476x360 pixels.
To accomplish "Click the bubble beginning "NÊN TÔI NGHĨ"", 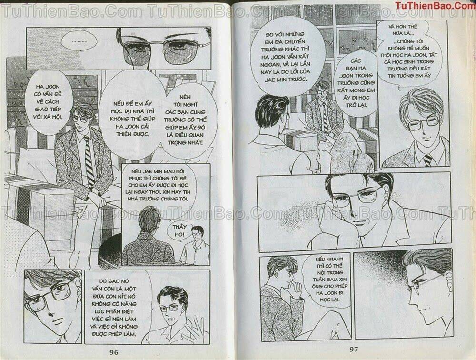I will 183,125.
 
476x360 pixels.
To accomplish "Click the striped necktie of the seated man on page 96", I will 89,162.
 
